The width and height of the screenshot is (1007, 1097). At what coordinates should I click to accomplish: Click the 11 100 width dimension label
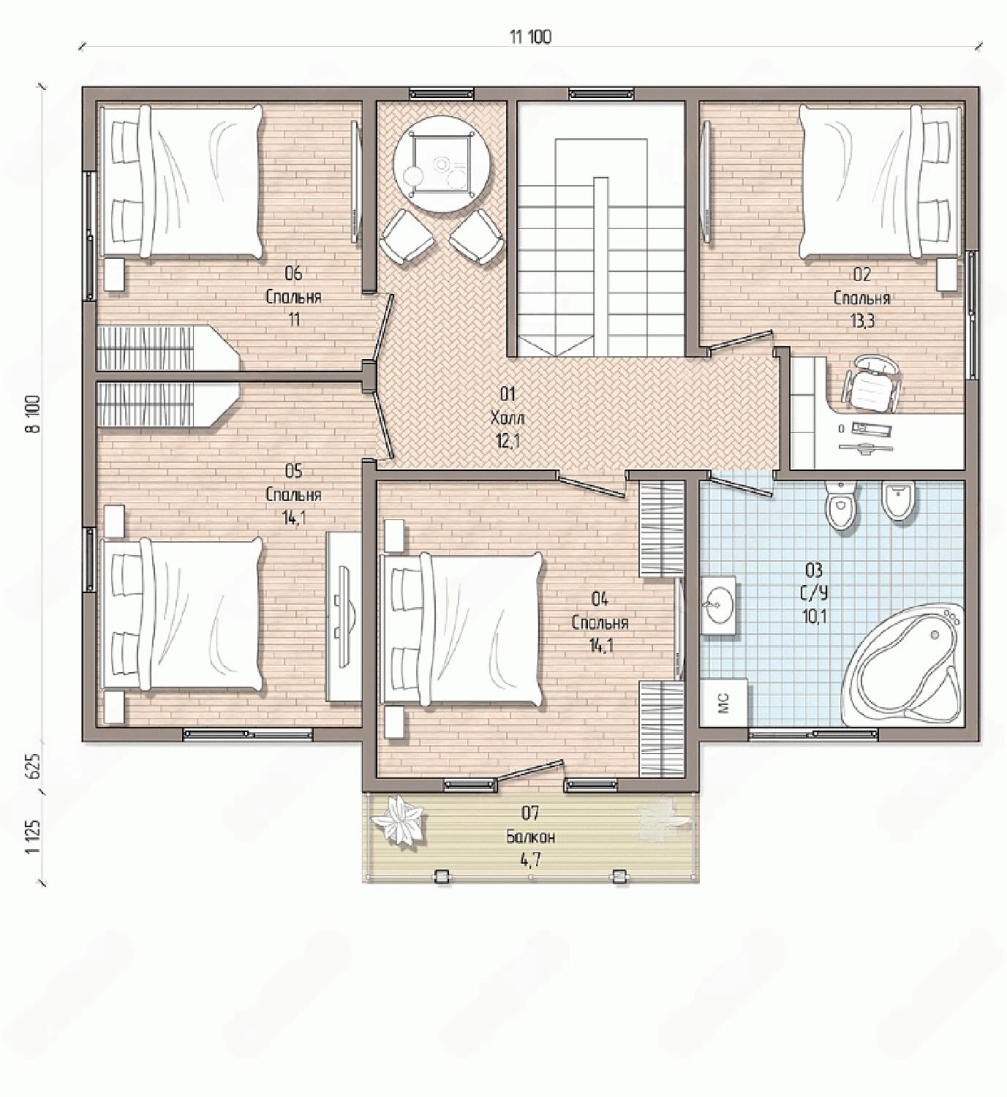point(530,37)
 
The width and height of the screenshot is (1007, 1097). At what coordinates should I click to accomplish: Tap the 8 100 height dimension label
point(33,413)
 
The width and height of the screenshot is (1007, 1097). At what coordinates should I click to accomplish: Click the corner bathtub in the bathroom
point(902,665)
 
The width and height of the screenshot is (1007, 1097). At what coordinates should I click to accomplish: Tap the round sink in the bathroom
point(717,606)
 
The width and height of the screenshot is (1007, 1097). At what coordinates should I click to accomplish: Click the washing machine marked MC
point(724,703)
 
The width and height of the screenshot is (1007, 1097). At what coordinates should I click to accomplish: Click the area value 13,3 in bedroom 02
point(862,321)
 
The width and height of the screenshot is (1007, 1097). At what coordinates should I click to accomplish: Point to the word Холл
point(508,418)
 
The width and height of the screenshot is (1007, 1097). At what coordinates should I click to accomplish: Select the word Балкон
point(531,837)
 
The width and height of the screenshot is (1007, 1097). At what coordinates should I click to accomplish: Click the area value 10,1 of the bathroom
point(815,617)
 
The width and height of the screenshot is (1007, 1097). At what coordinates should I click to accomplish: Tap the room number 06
point(294,273)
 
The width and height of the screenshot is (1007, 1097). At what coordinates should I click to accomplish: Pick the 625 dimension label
point(33,766)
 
